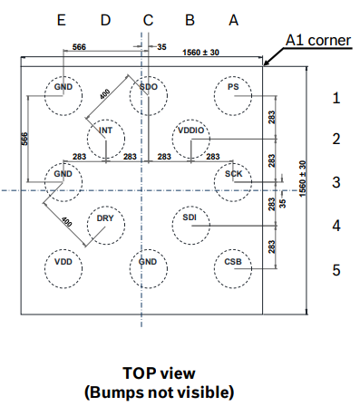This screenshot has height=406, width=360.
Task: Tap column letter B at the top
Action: click(x=190, y=19)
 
